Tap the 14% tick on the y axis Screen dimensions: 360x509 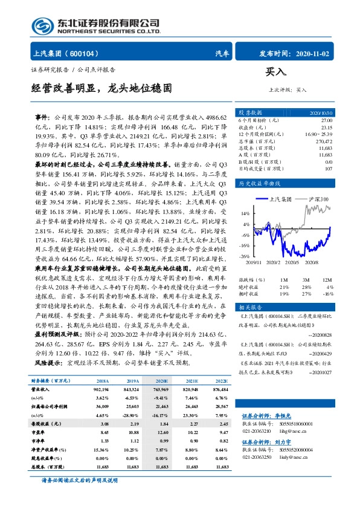(245, 213)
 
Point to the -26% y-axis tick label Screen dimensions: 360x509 (245, 256)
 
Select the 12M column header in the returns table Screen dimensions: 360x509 (327, 279)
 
